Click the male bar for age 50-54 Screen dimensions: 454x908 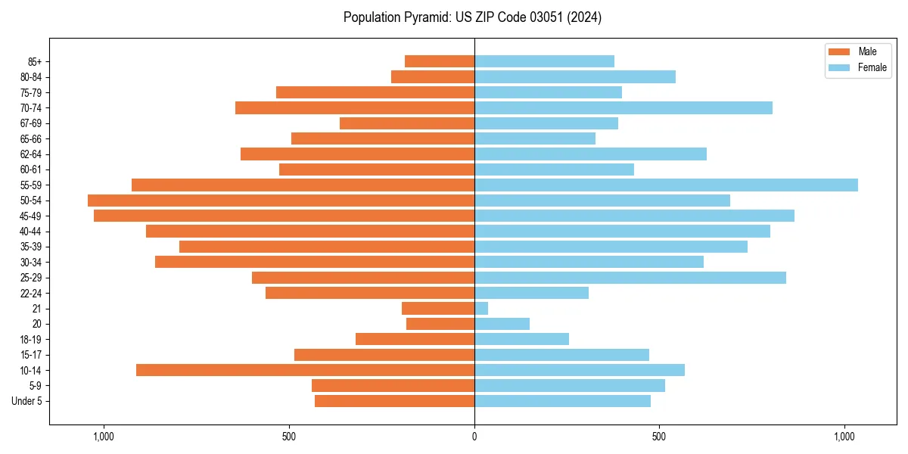281,201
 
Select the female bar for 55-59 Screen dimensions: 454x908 666,185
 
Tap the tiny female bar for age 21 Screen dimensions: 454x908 481,308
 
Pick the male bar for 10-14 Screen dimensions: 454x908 305,370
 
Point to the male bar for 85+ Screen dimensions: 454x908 440,61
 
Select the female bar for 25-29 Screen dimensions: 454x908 630,278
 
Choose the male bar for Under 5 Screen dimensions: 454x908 394,401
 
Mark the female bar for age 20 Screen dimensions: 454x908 502,324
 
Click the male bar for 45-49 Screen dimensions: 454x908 284,216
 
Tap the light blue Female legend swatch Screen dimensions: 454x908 840,67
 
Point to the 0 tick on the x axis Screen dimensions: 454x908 474,437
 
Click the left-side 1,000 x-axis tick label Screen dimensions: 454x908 104,437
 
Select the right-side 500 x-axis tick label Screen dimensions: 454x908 659,437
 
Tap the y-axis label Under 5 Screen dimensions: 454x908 26,401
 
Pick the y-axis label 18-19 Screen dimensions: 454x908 30,339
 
